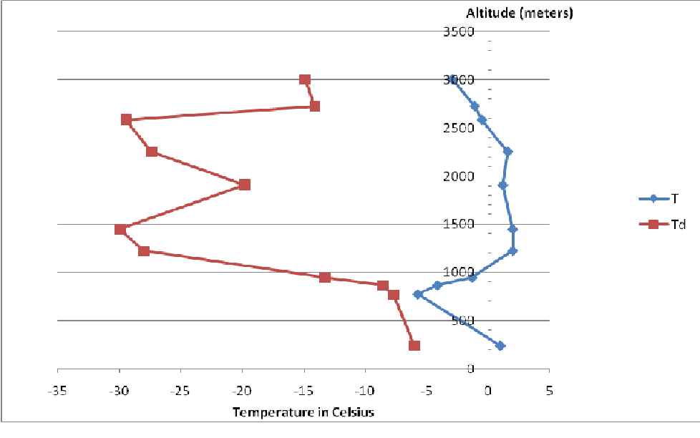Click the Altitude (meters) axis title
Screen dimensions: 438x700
[x=519, y=13]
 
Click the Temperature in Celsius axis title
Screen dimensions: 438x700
[x=303, y=412]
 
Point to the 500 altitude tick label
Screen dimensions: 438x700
[x=464, y=321]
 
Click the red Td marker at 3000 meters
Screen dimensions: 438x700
[x=305, y=79]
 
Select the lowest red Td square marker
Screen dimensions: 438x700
[x=414, y=346]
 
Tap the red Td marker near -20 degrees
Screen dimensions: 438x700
[x=245, y=185]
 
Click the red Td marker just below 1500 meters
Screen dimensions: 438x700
[x=120, y=230]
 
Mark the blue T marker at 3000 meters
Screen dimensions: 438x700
[x=452, y=79]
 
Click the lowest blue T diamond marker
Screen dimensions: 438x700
[x=500, y=346]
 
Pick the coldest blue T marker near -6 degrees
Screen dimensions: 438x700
[x=417, y=294]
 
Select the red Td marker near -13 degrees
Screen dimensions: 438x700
[x=325, y=278]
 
